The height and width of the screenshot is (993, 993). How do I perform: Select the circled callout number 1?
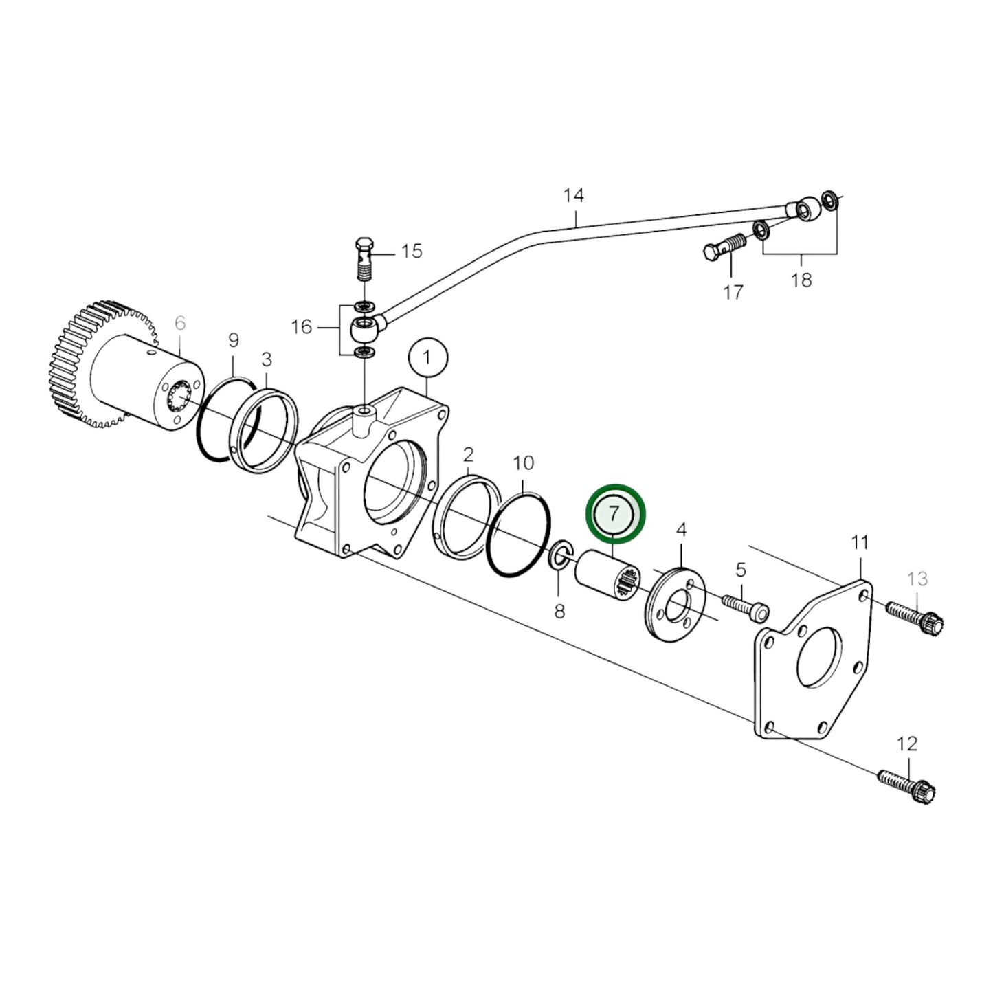(427, 358)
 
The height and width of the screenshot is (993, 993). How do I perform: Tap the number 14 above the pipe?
(573, 196)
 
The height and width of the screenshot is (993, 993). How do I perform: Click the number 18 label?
(801, 280)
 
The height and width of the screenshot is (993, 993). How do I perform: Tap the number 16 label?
(302, 326)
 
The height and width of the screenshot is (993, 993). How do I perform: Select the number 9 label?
(233, 339)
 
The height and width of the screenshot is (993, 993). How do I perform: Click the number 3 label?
(267, 359)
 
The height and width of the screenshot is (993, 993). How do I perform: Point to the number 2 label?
(468, 454)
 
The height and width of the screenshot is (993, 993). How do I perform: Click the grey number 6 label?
(180, 322)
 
